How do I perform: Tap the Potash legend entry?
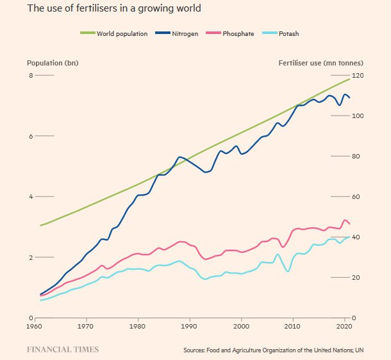(x=288, y=33)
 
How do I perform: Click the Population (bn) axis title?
(x=53, y=63)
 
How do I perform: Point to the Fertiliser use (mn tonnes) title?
(x=320, y=63)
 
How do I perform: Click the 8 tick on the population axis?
(x=30, y=76)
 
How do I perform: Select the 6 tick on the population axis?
(x=30, y=136)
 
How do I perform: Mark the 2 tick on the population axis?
(x=30, y=257)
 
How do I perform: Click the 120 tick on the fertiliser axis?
(x=357, y=76)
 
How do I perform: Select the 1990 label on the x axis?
(x=189, y=327)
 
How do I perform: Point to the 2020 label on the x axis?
(x=344, y=327)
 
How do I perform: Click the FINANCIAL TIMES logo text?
(x=62, y=350)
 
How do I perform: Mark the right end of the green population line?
(x=350, y=78)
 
